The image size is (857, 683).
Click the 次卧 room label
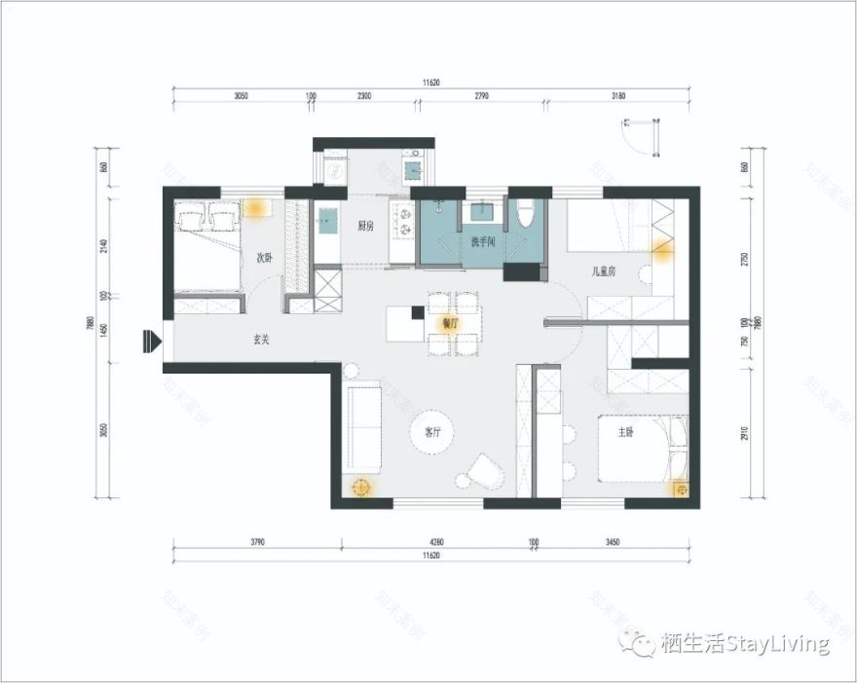pos(263,259)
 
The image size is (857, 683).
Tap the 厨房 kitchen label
pos(366,226)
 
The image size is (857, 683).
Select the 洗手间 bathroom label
pos(484,241)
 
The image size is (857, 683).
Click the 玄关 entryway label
pos(261,340)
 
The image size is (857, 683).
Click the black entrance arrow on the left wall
pos(151,341)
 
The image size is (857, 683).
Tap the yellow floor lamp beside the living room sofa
pos(361,487)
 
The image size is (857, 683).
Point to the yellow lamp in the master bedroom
pos(679,488)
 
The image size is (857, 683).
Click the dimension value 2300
pos(363,96)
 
